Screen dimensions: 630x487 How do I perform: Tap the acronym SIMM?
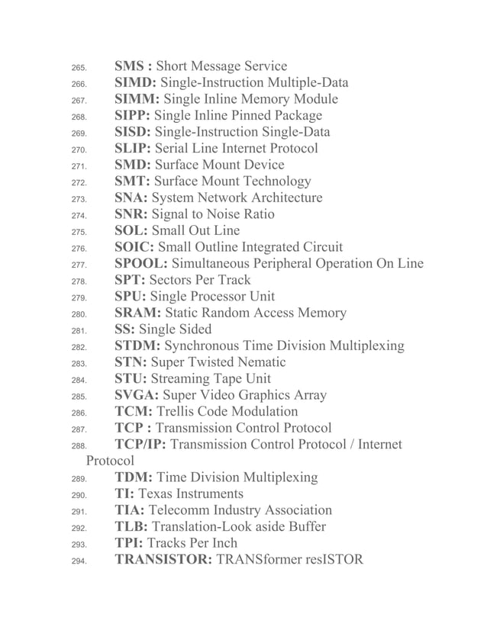[135, 99]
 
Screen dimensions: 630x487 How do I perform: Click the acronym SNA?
[130, 198]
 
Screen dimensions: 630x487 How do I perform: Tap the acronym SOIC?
[134, 247]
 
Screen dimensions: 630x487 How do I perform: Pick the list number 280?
[79, 314]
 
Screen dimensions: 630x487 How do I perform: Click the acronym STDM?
[136, 346]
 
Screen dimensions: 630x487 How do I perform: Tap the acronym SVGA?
[135, 395]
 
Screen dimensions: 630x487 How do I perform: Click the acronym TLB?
[131, 527]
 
